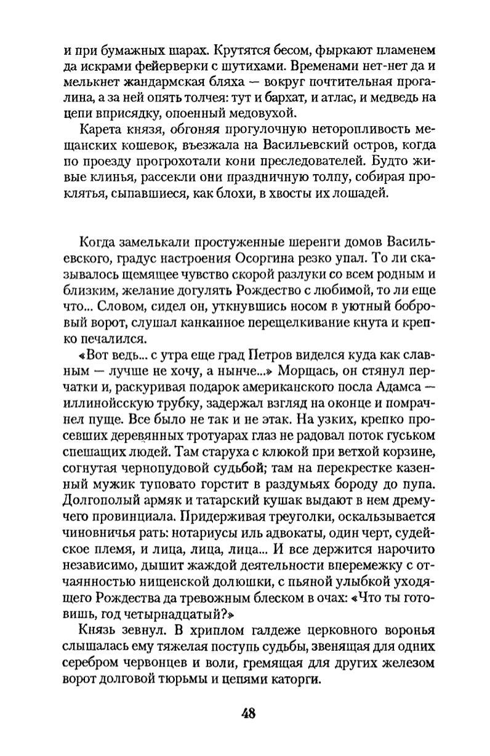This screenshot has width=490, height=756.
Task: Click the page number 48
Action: [x=249, y=714]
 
